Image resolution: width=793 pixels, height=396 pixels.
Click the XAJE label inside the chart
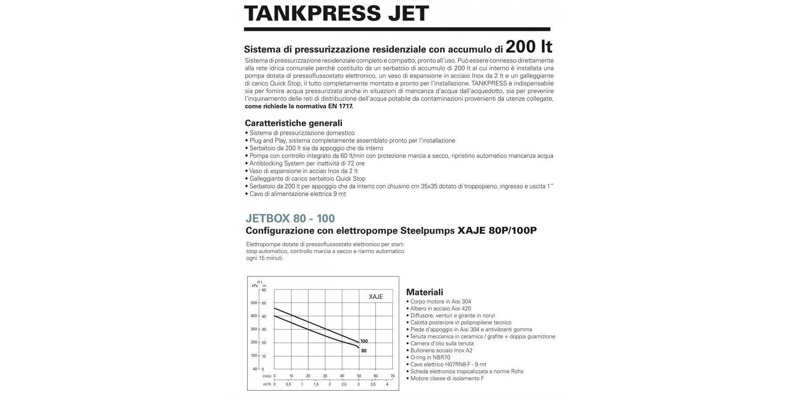click(375, 297)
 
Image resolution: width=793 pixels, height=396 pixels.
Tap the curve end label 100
click(364, 341)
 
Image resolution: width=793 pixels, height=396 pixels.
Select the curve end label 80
click(364, 351)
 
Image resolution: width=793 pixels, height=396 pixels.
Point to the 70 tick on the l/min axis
click(393, 376)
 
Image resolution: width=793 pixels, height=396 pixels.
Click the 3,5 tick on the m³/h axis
click(373, 384)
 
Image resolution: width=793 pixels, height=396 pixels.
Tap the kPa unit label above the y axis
click(255, 286)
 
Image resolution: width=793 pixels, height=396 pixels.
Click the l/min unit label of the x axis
click(267, 376)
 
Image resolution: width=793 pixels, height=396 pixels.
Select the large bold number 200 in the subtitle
click(521, 47)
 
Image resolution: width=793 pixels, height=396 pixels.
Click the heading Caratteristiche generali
click(293, 123)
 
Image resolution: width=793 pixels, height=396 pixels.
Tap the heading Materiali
click(425, 292)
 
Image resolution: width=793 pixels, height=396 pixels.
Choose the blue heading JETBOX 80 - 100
click(290, 218)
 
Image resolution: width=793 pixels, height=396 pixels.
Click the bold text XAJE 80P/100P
click(497, 231)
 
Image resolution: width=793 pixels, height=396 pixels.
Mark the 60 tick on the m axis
click(264, 290)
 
